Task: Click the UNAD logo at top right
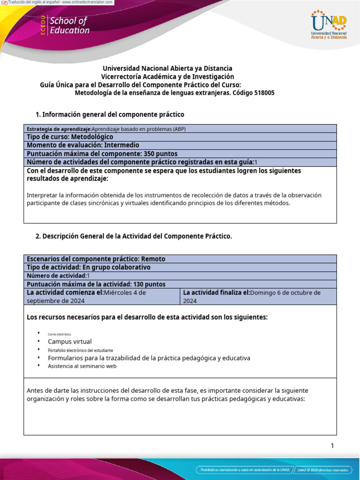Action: point(329,25)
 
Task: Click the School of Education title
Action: point(69,26)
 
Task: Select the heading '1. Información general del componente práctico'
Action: point(110,114)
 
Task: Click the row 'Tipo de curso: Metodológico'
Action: point(70,137)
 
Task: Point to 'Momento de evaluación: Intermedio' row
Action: point(83,145)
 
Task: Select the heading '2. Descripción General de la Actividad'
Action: point(134,236)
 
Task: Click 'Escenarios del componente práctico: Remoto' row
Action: point(96,259)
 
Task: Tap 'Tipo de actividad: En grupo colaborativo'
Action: point(89,267)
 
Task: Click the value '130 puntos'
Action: point(149,284)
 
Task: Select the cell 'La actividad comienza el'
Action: point(101,296)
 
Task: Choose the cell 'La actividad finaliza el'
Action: point(258,296)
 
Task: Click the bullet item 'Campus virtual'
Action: point(70,342)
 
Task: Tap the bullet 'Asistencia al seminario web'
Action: point(82,366)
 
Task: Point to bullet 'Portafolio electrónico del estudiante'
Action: point(80,350)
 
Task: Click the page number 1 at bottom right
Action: point(332,446)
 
